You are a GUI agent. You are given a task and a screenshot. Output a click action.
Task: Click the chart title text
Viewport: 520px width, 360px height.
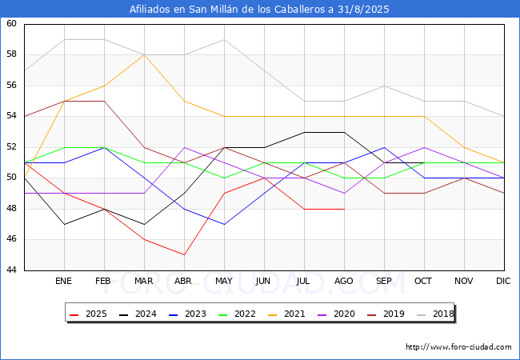click(260, 10)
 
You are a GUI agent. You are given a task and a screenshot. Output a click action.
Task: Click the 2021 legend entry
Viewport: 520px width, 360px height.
click(286, 314)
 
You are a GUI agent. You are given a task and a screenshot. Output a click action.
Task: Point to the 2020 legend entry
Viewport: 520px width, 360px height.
click(334, 314)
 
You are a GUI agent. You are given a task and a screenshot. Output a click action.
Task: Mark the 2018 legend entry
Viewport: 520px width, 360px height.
click(433, 314)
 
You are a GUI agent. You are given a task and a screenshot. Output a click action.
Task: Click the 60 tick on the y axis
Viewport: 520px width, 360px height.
click(12, 24)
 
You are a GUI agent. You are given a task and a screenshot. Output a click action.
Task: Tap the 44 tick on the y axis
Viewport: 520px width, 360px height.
click(12, 270)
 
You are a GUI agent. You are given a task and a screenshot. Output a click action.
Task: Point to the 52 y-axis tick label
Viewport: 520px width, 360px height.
click(12, 147)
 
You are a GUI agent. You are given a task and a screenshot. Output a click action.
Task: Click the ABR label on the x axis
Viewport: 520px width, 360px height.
click(184, 282)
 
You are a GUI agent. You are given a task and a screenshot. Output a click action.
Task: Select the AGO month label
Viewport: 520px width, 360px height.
click(344, 282)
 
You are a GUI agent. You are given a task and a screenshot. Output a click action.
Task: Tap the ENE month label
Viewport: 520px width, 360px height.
click(64, 282)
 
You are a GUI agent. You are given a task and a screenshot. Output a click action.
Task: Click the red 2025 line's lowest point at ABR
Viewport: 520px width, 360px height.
click(184, 255)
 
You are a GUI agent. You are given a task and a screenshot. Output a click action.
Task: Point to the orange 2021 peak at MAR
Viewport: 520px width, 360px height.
click(144, 55)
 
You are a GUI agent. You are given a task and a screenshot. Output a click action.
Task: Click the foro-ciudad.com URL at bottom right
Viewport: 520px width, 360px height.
click(458, 347)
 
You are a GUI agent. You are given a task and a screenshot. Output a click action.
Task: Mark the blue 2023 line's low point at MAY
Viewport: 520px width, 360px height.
click(224, 224)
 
